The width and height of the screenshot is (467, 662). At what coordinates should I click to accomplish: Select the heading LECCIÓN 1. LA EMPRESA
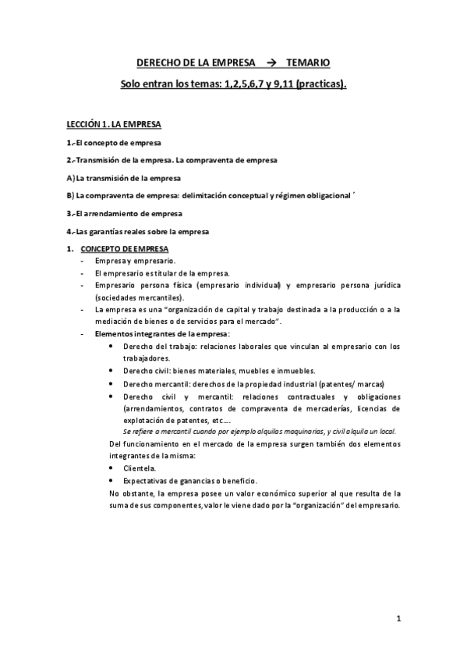pos(113,123)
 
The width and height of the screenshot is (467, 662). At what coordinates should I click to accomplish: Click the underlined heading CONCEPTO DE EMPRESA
pos(125,248)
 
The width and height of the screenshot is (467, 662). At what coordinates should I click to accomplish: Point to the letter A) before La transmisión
pos(69,178)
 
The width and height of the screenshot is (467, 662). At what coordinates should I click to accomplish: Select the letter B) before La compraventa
pos(69,195)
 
